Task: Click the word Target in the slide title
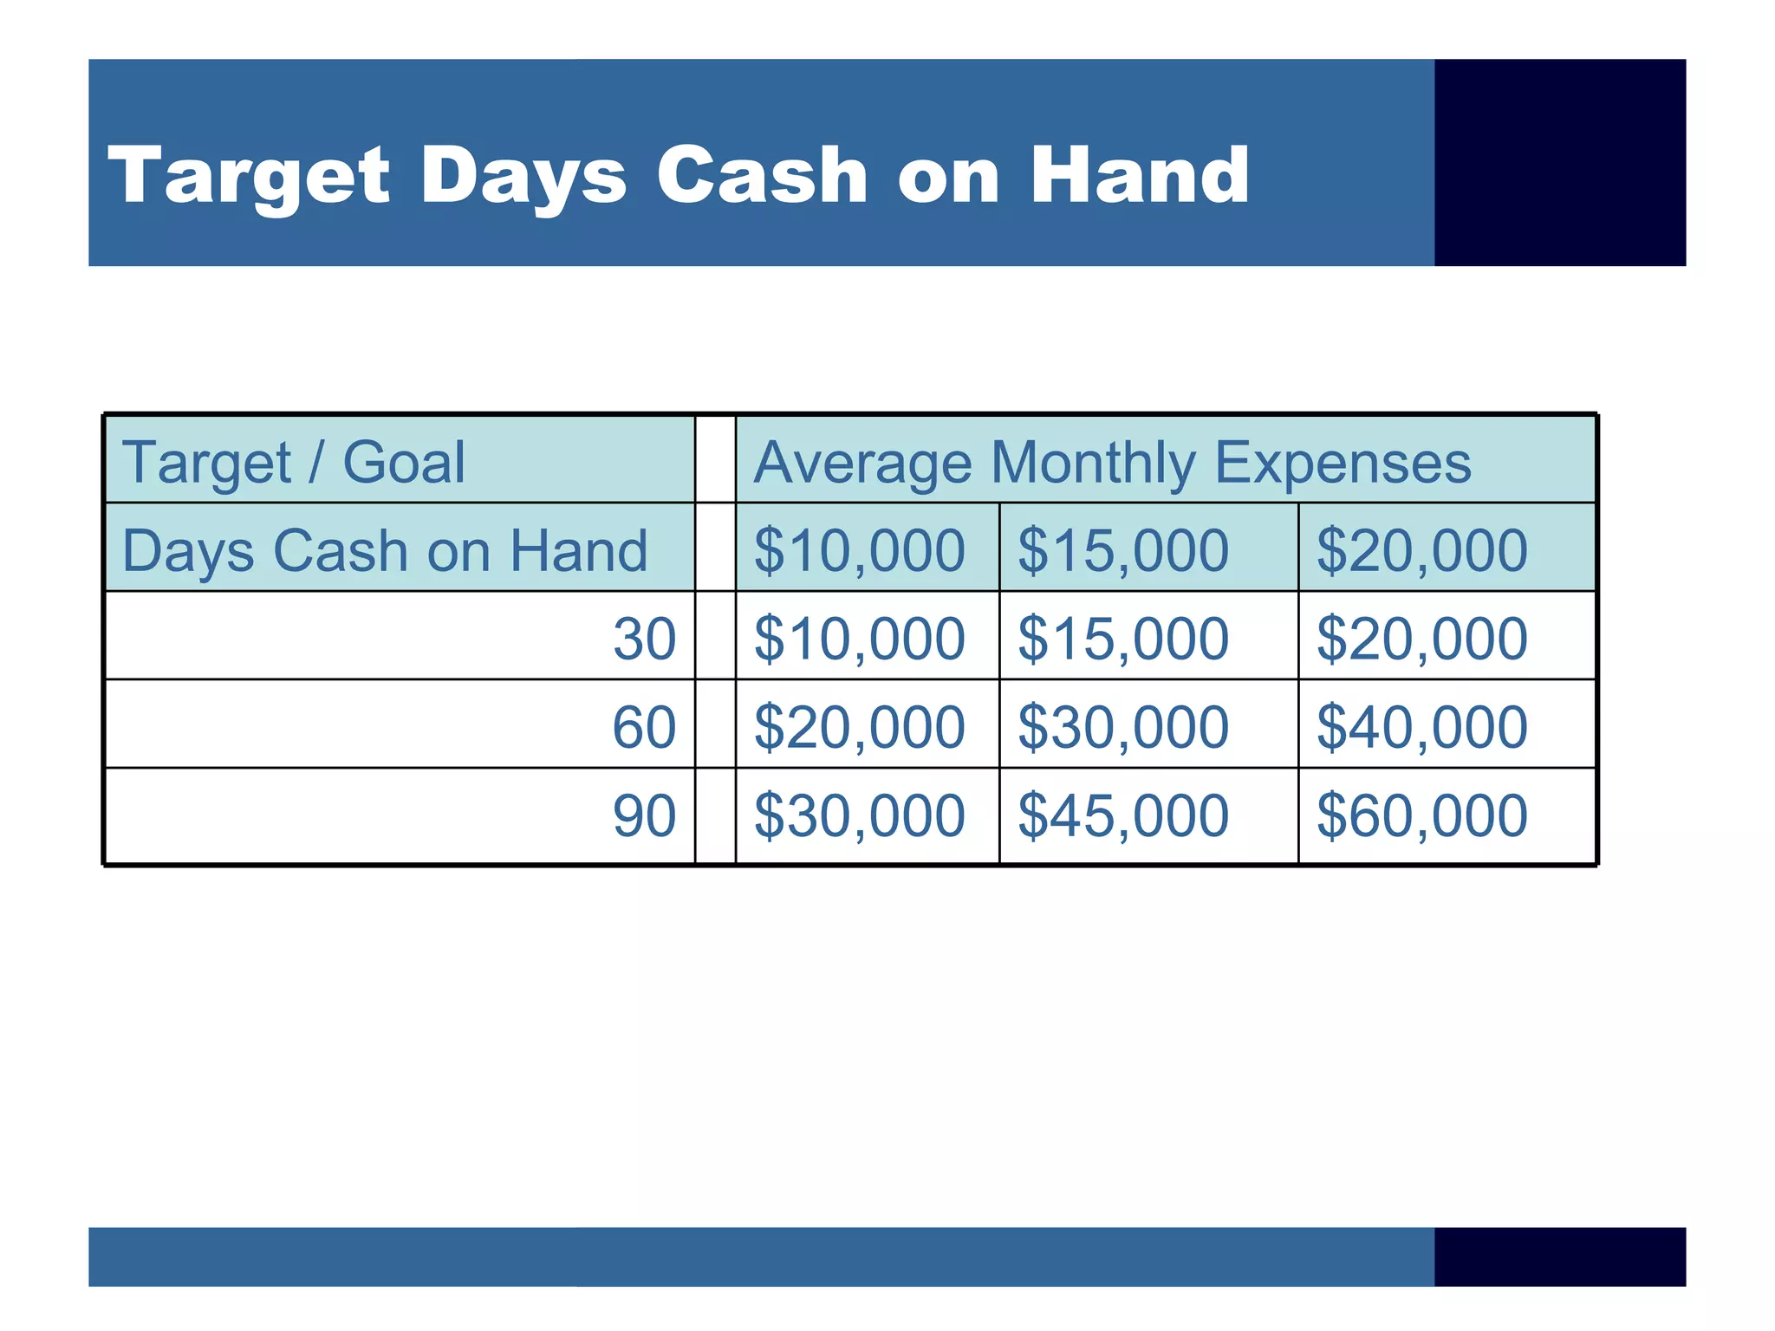coord(249,177)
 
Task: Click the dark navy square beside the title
coord(1559,163)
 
